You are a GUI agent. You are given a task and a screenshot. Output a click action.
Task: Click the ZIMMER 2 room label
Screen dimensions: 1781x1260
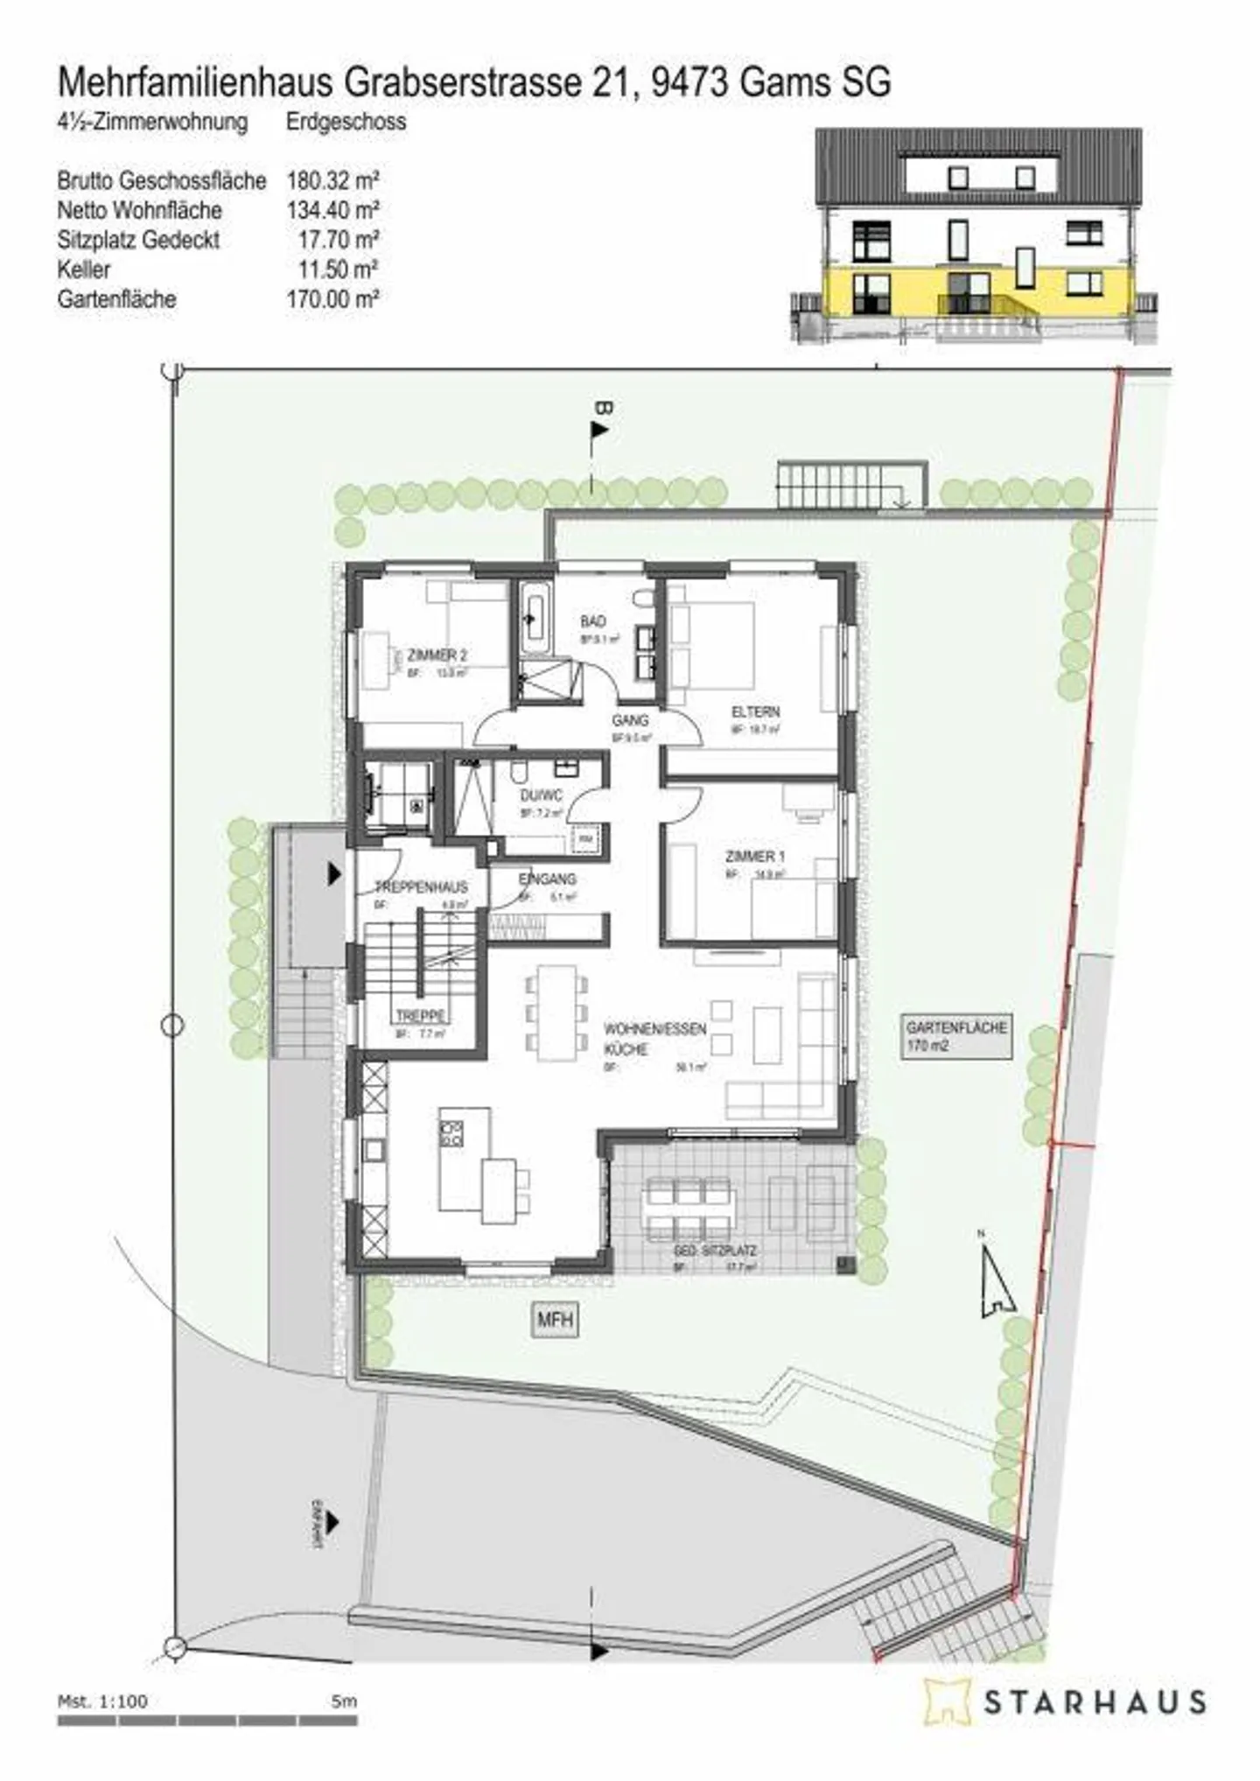(x=437, y=655)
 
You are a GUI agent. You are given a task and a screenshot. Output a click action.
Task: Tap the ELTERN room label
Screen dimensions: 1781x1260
(x=755, y=712)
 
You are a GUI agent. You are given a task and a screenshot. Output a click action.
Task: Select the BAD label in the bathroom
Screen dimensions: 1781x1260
(x=592, y=621)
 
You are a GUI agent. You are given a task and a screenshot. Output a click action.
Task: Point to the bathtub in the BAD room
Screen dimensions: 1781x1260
(x=533, y=618)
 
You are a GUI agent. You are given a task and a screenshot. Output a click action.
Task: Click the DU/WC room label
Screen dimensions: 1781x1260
(x=541, y=796)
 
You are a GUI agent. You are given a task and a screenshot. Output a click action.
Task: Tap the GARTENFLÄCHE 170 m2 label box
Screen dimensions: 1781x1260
(x=956, y=1036)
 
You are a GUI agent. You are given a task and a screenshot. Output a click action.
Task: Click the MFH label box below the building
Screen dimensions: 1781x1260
(x=556, y=1319)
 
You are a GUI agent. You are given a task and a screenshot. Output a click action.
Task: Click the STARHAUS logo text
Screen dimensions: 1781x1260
(x=1095, y=1701)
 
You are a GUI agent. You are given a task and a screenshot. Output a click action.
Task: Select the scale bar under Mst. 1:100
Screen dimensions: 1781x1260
(x=207, y=1721)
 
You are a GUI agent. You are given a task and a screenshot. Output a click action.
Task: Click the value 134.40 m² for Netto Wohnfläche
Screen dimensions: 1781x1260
(x=332, y=210)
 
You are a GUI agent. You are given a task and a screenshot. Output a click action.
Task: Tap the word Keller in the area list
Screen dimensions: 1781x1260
(x=84, y=270)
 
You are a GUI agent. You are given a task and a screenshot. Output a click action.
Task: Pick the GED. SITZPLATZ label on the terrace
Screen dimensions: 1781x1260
(x=715, y=1252)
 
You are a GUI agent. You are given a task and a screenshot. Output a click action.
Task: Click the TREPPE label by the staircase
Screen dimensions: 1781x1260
(x=421, y=1016)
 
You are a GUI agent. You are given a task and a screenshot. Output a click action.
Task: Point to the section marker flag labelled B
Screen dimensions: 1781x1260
(x=599, y=429)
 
